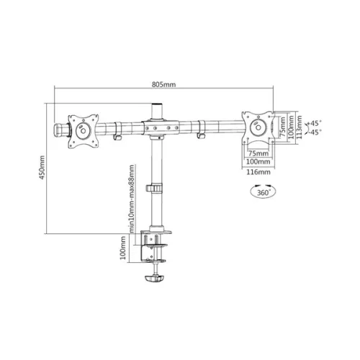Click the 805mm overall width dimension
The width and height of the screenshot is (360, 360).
pos(163,84)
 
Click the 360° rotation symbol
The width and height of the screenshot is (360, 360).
pos(260,192)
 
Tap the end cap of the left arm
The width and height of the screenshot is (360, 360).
pos(58,130)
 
